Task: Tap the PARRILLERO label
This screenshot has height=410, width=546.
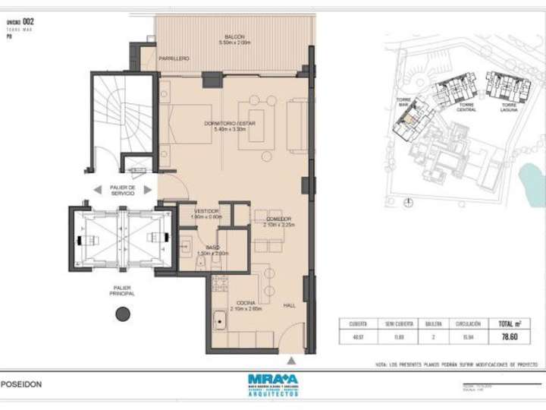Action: (x=174, y=59)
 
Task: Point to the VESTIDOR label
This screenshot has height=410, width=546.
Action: (x=206, y=210)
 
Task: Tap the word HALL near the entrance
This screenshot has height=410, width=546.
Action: (x=289, y=306)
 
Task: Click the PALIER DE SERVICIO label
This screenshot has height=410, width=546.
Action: (x=122, y=191)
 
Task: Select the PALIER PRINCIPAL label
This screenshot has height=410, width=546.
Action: (x=121, y=290)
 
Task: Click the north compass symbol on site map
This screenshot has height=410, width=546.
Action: (x=409, y=202)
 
